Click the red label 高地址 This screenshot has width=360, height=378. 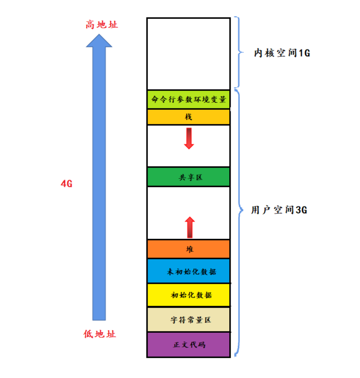(x=101, y=24)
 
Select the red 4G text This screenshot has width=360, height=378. (x=67, y=184)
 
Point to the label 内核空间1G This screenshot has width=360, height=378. (x=281, y=53)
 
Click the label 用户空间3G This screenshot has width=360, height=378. (x=279, y=210)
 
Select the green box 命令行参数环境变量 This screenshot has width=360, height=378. (x=188, y=99)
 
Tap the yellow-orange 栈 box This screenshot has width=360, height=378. (x=188, y=117)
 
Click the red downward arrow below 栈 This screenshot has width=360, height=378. (x=189, y=138)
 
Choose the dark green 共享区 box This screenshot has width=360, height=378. (x=188, y=177)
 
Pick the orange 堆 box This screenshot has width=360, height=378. (x=188, y=249)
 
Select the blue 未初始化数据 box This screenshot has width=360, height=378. (x=188, y=271)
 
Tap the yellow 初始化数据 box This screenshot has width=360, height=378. (x=188, y=295)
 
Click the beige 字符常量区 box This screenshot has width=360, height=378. (x=188, y=319)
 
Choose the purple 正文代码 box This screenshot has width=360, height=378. (x=188, y=344)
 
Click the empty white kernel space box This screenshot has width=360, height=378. (x=188, y=53)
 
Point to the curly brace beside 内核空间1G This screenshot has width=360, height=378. (x=237, y=52)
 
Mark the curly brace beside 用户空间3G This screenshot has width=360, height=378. (x=238, y=209)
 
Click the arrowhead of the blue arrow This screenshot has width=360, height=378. (x=99, y=40)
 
